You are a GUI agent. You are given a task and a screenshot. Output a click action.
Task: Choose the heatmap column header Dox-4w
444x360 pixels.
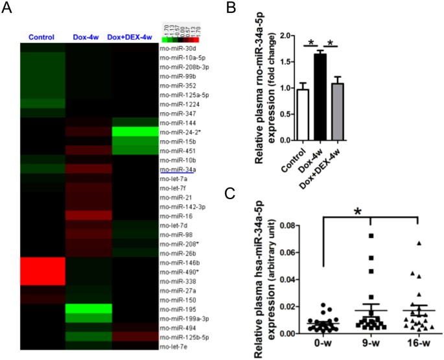coord(84,36)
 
